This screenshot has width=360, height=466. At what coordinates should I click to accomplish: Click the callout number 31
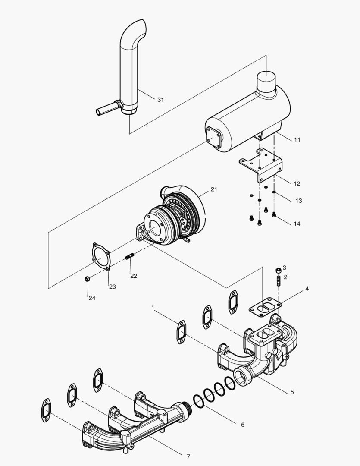coord(160,100)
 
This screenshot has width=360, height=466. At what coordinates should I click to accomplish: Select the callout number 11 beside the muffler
coord(297,140)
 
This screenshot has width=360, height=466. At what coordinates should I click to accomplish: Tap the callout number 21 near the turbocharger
coord(215,189)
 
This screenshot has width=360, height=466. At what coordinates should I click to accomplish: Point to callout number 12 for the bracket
coord(297,183)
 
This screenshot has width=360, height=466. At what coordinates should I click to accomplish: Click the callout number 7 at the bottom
coord(188,457)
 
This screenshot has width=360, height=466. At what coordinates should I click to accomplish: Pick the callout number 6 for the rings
coord(242,425)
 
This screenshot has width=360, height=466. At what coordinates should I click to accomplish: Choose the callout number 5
coord(292,392)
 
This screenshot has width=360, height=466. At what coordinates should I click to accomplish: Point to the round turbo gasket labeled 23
coord(102,258)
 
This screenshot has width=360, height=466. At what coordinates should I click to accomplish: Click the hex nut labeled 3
coord(278,270)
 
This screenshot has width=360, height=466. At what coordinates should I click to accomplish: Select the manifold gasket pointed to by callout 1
coord(181,332)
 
